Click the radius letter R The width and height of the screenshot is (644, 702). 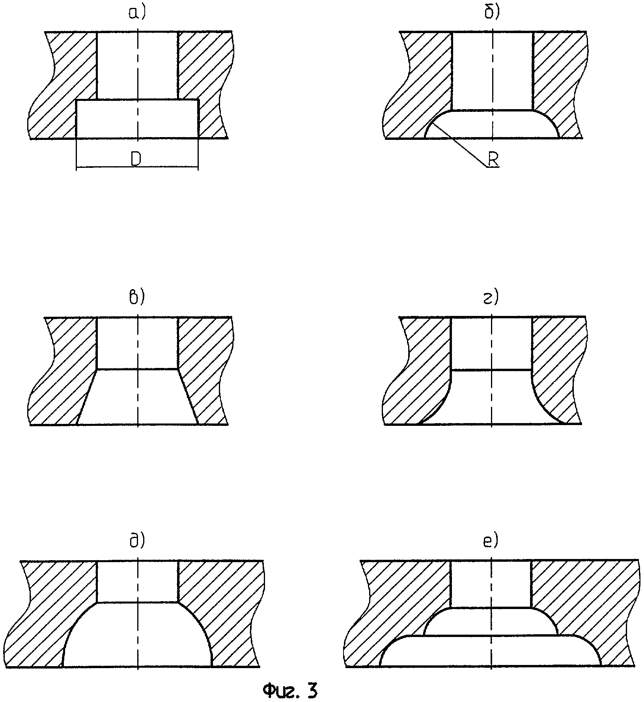pos(493,159)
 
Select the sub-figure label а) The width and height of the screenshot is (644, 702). pos(137,13)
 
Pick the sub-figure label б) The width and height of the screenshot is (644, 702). pos(492,13)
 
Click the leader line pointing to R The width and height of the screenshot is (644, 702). pos(459,146)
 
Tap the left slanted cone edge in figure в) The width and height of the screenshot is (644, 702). pos(87,397)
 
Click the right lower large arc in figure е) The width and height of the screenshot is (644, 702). pos(590,646)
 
